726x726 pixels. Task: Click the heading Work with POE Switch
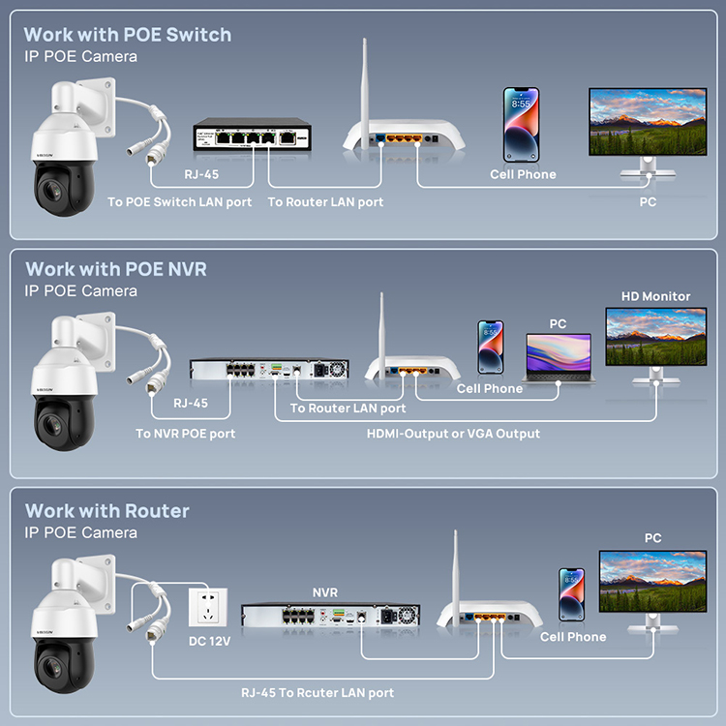(128, 35)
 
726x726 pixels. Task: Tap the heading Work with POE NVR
(116, 269)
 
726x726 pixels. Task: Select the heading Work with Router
(106, 511)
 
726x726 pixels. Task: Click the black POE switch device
(252, 135)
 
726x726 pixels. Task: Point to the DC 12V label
(209, 641)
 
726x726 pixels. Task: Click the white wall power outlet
(208, 607)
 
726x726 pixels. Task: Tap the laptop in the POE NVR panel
(560, 358)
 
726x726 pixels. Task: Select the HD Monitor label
(655, 296)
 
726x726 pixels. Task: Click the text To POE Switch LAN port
(180, 202)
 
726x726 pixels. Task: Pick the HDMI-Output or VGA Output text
(453, 434)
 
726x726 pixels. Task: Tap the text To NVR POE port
(185, 434)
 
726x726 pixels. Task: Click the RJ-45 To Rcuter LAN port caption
(318, 693)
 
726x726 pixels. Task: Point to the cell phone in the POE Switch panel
(521, 125)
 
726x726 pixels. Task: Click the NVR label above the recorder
(325, 592)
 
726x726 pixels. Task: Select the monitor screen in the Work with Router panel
(652, 582)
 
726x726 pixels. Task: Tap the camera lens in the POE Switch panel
(50, 190)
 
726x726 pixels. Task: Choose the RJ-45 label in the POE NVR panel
(191, 404)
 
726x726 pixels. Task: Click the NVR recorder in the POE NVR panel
(269, 369)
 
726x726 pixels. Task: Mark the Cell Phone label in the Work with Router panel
(573, 637)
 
